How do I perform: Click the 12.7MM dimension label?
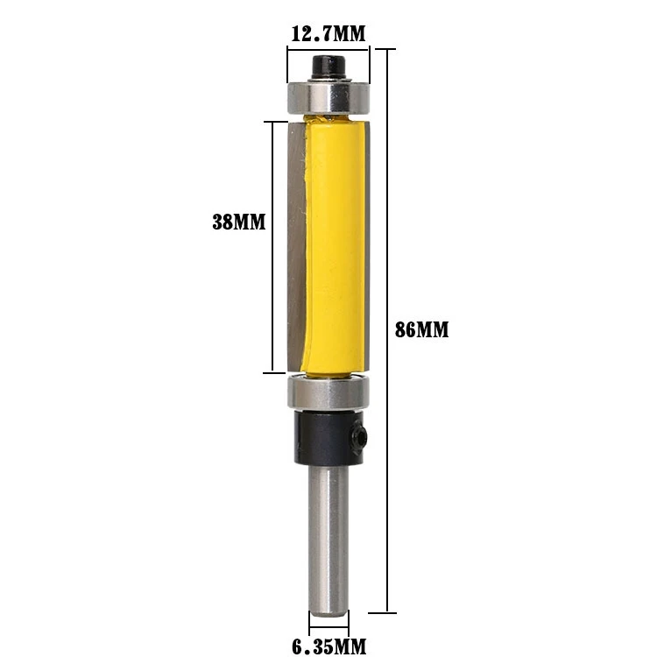(x=328, y=34)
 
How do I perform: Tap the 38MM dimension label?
(x=238, y=222)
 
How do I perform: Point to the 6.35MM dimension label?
(x=328, y=647)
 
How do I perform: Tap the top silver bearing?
(x=328, y=95)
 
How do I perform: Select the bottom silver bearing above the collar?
(x=328, y=392)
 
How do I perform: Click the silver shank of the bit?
(x=328, y=534)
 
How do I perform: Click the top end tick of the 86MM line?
(x=386, y=47)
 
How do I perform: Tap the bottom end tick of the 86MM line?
(x=386, y=611)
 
